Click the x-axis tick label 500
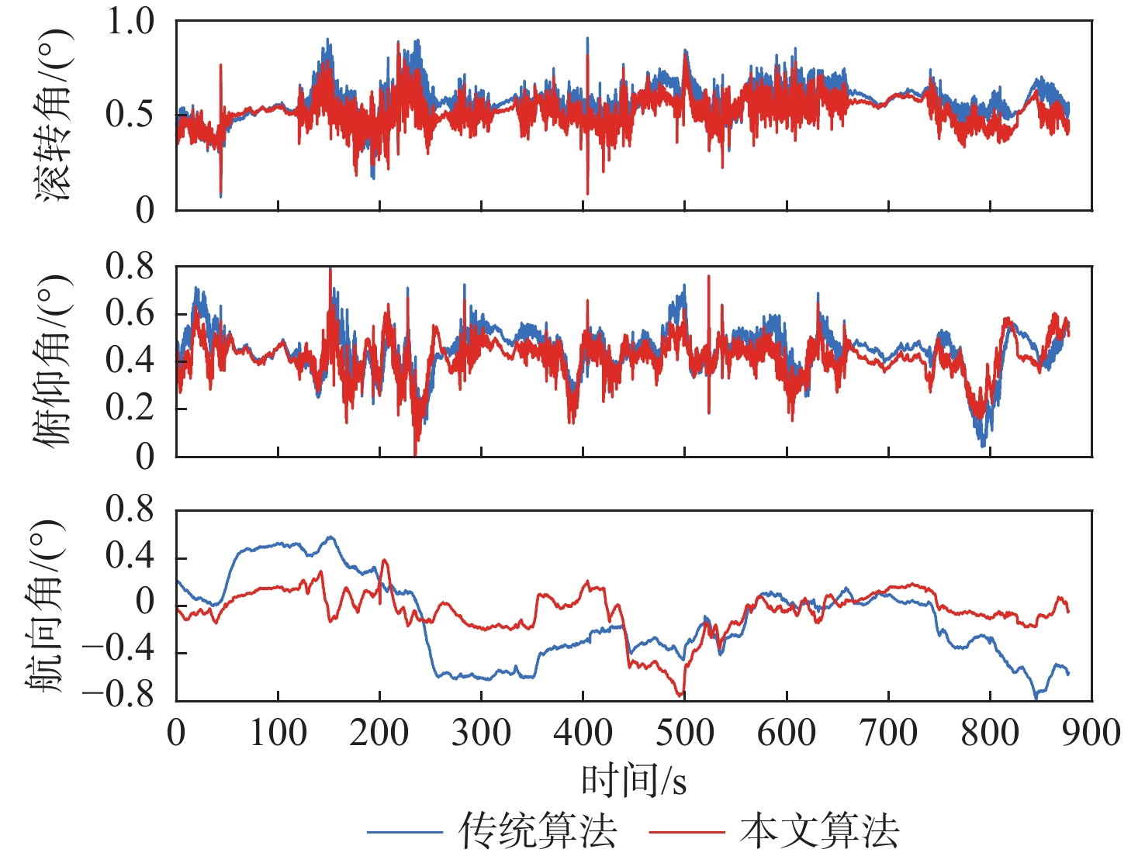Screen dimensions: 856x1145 pyautogui.click(x=684, y=733)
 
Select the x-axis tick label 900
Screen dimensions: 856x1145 pyautogui.click(x=1091, y=733)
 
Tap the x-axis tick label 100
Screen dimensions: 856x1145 pyautogui.click(x=278, y=733)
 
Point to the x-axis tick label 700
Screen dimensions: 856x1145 pyautogui.click(x=888, y=733)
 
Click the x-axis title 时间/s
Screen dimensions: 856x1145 pyautogui.click(x=634, y=780)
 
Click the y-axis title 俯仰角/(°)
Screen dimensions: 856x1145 pyautogui.click(x=52, y=361)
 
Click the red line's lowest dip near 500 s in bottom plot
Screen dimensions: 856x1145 pyautogui.click(x=680, y=695)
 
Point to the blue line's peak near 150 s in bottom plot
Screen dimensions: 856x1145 pyautogui.click(x=330, y=537)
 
